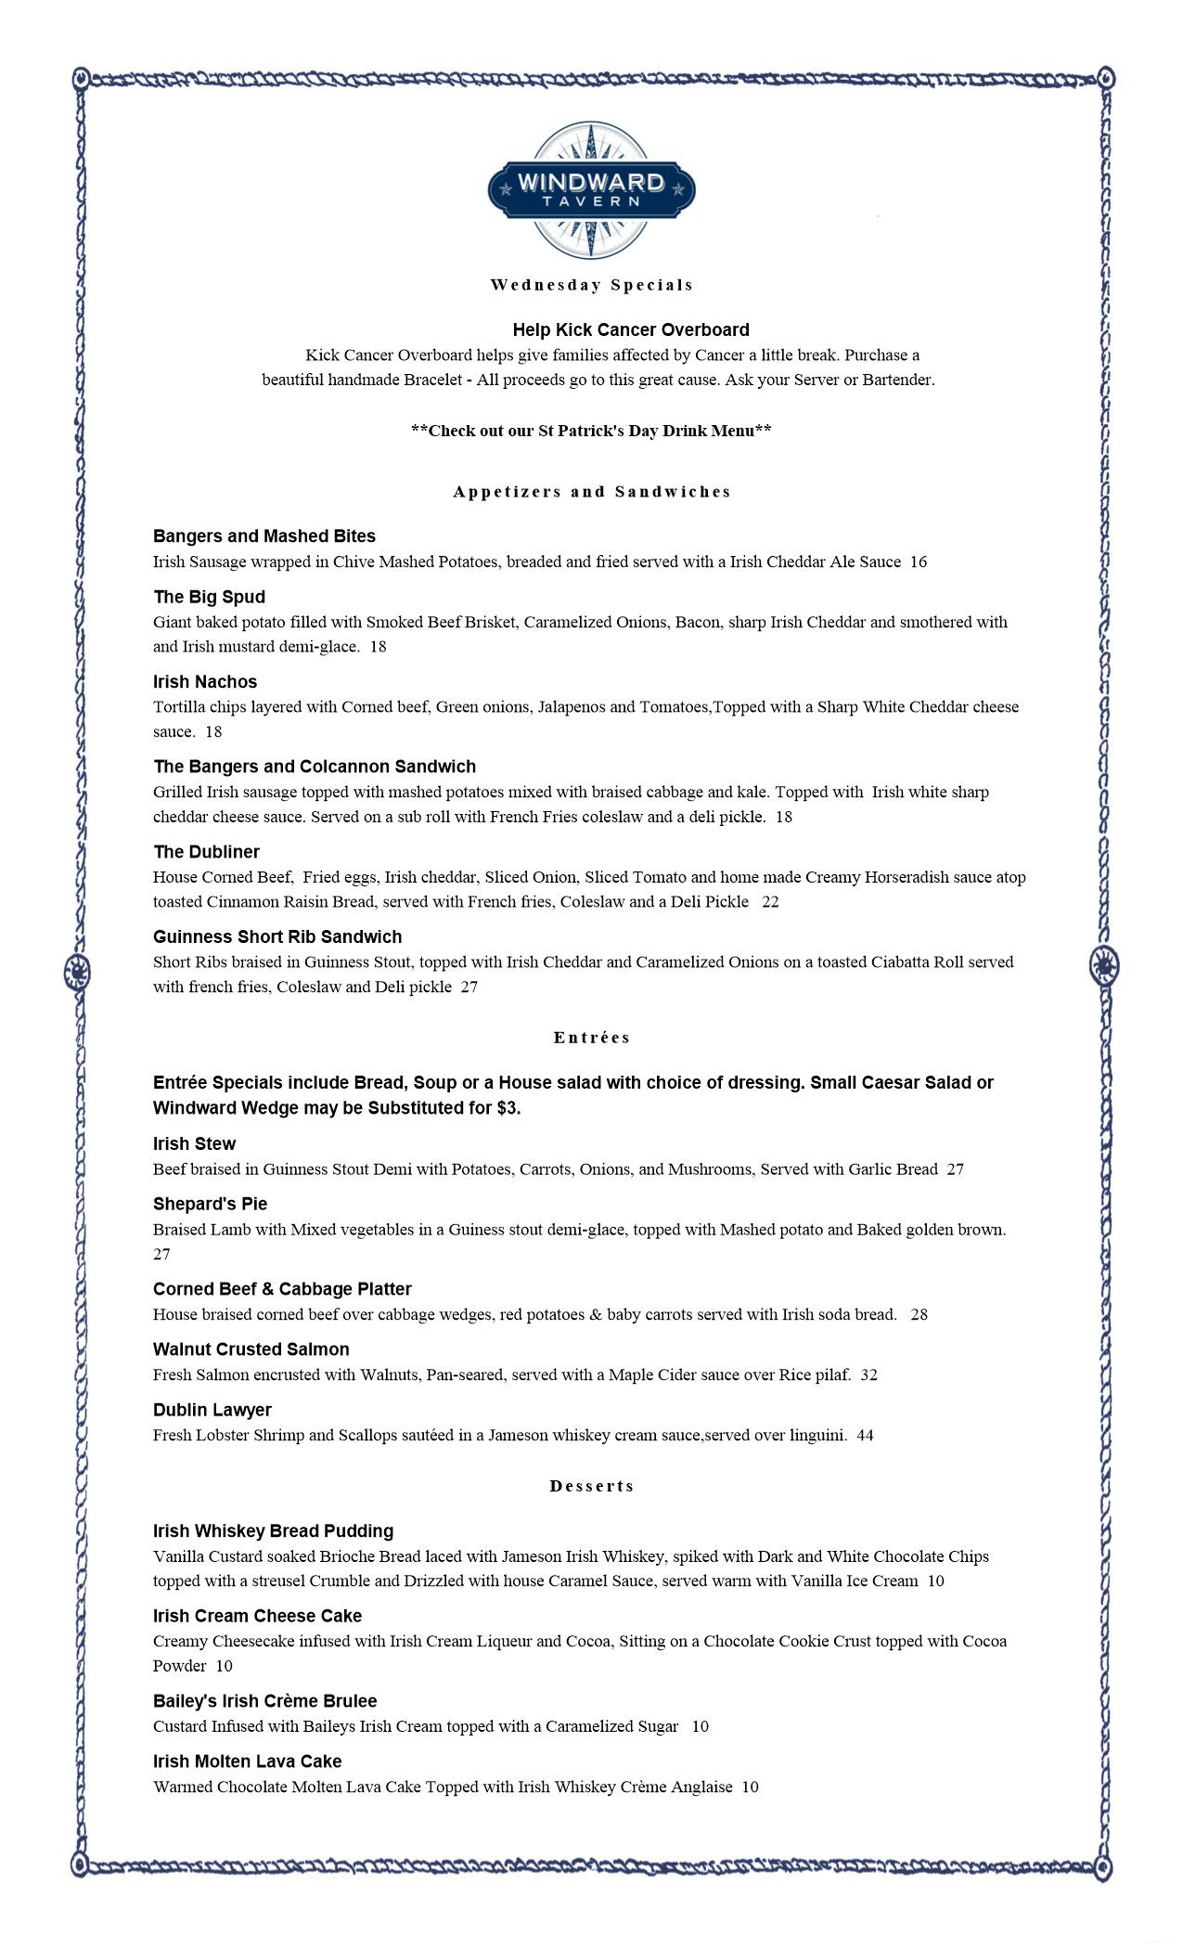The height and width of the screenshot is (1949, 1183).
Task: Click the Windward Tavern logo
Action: tap(591, 189)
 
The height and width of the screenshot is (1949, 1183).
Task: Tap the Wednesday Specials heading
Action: tap(592, 285)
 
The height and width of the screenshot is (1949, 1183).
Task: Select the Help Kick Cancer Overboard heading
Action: tap(631, 329)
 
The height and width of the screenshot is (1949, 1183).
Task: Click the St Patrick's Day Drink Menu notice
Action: tap(591, 431)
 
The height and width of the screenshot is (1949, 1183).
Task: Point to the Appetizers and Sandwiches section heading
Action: tap(592, 492)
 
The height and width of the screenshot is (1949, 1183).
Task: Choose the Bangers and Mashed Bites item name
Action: tap(264, 536)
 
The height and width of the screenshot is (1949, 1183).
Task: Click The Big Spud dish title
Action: tap(209, 597)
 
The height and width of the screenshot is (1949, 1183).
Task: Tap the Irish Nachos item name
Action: tap(205, 682)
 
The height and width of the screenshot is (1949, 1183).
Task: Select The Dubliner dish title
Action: tap(206, 852)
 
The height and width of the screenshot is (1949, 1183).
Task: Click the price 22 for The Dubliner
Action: tap(770, 902)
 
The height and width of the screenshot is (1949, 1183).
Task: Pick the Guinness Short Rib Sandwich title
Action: tap(277, 937)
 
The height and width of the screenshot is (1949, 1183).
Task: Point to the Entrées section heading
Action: tap(592, 1038)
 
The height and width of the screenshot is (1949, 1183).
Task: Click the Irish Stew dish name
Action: tap(194, 1144)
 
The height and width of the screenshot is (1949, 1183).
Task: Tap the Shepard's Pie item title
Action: tap(210, 1205)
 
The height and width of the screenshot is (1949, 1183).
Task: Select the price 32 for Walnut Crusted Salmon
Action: tap(868, 1375)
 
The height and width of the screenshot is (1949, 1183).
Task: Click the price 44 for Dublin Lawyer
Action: tap(865, 1436)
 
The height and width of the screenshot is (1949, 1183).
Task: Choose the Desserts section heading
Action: tap(592, 1486)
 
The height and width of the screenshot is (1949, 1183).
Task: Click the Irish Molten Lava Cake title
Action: tap(247, 1762)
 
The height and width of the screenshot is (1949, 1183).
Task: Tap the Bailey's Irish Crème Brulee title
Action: tap(264, 1701)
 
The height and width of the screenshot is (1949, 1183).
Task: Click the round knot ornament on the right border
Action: tap(1104, 966)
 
